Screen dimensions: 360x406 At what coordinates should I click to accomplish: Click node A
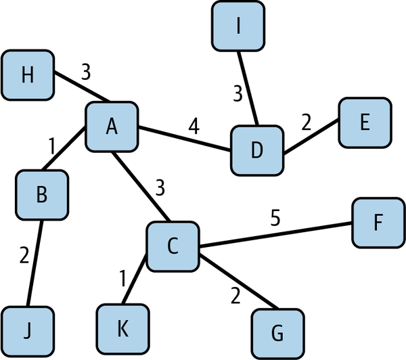112,127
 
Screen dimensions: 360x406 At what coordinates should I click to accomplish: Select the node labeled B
42,195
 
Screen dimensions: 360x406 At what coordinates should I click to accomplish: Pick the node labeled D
256,150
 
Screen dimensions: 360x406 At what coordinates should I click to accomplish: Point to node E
365,122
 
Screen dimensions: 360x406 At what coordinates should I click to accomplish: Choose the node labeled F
378,223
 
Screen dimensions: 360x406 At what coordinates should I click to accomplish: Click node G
278,333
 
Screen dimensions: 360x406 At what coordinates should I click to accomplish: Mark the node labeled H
28,74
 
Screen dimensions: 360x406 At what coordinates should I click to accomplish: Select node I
238,26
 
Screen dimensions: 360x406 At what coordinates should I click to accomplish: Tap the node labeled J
27,332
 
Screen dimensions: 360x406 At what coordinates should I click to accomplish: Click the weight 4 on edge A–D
194,127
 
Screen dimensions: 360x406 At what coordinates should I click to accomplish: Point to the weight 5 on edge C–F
275,218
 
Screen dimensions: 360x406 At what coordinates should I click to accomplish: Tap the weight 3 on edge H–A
85,72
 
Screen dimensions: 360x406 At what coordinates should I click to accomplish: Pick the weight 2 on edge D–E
306,122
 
